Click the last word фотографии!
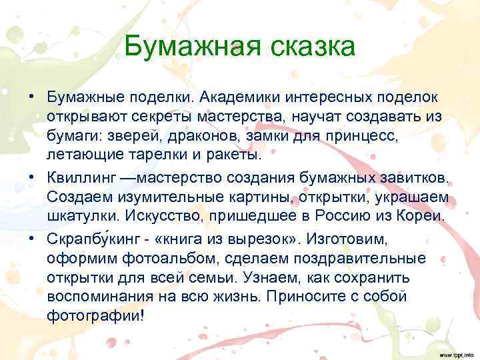[x=95, y=316]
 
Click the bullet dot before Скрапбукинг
[x=31, y=238]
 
